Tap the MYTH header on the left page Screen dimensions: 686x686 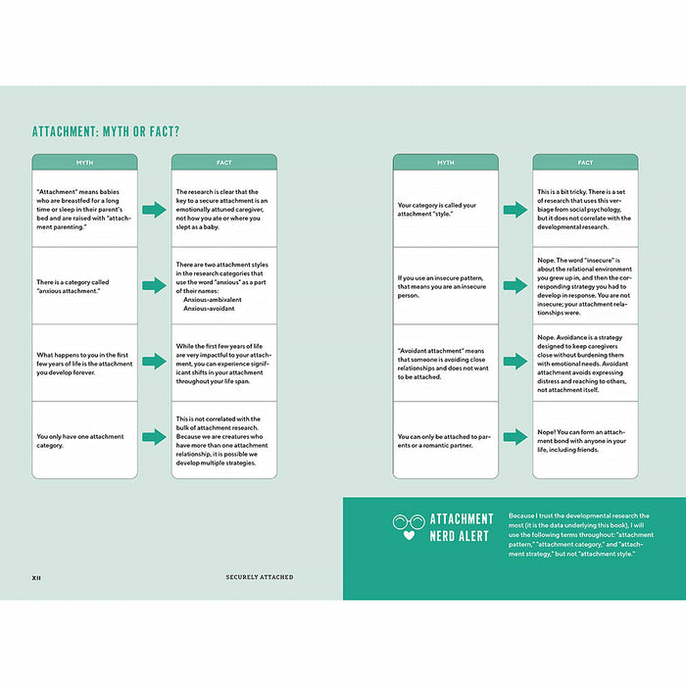(84, 163)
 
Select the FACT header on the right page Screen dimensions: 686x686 (585, 163)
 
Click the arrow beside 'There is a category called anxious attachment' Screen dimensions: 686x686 (154, 285)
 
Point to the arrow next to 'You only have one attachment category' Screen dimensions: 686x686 (154, 437)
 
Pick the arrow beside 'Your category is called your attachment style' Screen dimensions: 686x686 (515, 210)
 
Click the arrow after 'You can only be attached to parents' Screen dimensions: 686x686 (515, 437)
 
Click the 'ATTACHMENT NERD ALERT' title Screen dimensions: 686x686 (461, 527)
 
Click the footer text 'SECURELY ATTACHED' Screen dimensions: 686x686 (259, 577)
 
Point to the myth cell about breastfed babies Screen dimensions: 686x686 (84, 210)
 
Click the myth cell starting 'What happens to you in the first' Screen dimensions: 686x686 (84, 361)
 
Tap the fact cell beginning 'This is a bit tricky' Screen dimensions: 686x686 (585, 210)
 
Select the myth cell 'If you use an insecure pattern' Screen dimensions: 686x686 (445, 285)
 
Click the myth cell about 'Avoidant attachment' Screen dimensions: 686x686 (445, 361)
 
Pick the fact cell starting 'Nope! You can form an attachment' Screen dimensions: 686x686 (585, 437)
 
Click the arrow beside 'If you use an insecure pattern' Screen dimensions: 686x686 (515, 285)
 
